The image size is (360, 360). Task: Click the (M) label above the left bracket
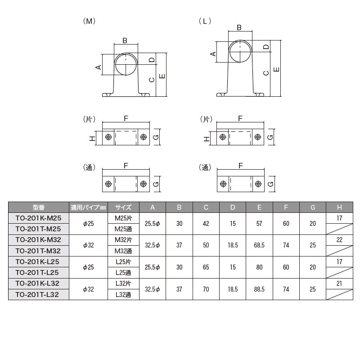pos(89,21)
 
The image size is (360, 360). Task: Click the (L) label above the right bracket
pos(205,21)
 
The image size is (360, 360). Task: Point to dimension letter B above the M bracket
pos(125,40)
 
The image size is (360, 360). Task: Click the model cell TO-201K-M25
pos(38,218)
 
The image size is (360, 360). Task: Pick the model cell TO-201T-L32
pos(38,294)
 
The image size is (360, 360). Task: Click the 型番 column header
pos(38,207)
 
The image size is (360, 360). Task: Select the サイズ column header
pos(123,207)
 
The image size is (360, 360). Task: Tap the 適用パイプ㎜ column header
pos(88,207)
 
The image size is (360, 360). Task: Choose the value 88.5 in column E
pos(259,289)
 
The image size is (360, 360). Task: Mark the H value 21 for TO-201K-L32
pos(339,283)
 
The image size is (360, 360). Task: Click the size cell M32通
pos(123,251)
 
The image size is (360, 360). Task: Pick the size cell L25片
pos(123,261)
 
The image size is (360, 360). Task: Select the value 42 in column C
pos(206,223)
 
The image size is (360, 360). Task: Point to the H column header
pos(339,207)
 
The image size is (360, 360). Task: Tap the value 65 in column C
pos(206,267)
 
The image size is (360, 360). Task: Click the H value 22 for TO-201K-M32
pos(339,240)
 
